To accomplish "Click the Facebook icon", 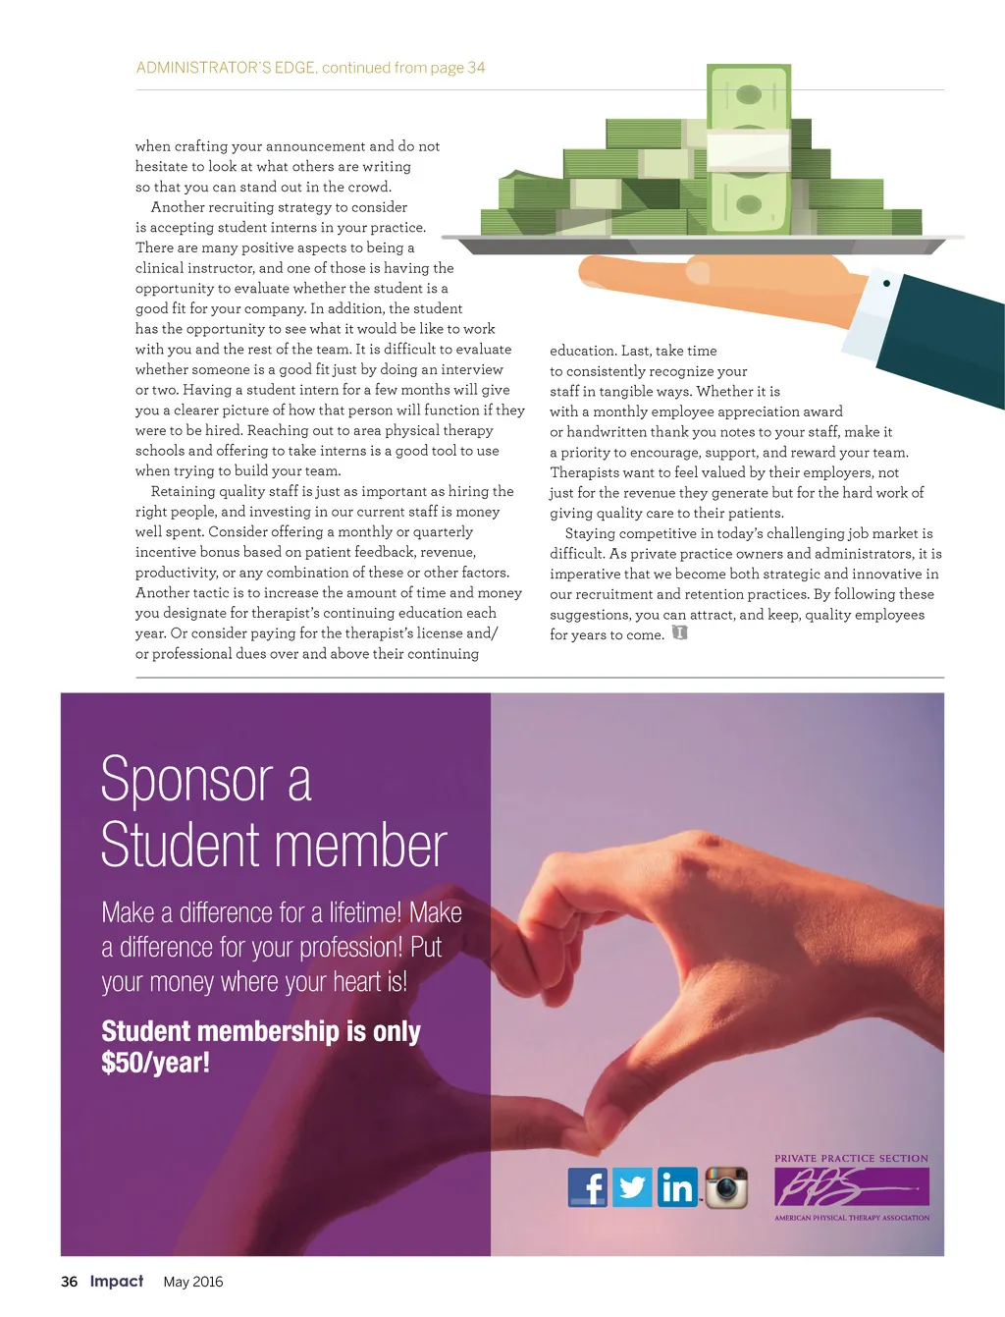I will (588, 1187).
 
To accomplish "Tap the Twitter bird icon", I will (632, 1187).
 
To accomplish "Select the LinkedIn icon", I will (677, 1187).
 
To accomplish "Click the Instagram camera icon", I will (726, 1187).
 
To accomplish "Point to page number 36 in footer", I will (69, 1282).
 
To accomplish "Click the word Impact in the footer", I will (117, 1282).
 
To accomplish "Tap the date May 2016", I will (193, 1282).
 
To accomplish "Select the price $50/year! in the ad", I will (155, 1063).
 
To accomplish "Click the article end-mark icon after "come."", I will (679, 633).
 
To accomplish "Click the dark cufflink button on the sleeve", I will (886, 283).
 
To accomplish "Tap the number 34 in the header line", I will (476, 68).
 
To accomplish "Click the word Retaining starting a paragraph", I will (183, 491).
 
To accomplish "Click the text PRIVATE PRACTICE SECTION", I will (851, 1159).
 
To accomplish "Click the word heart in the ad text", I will (356, 982).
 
